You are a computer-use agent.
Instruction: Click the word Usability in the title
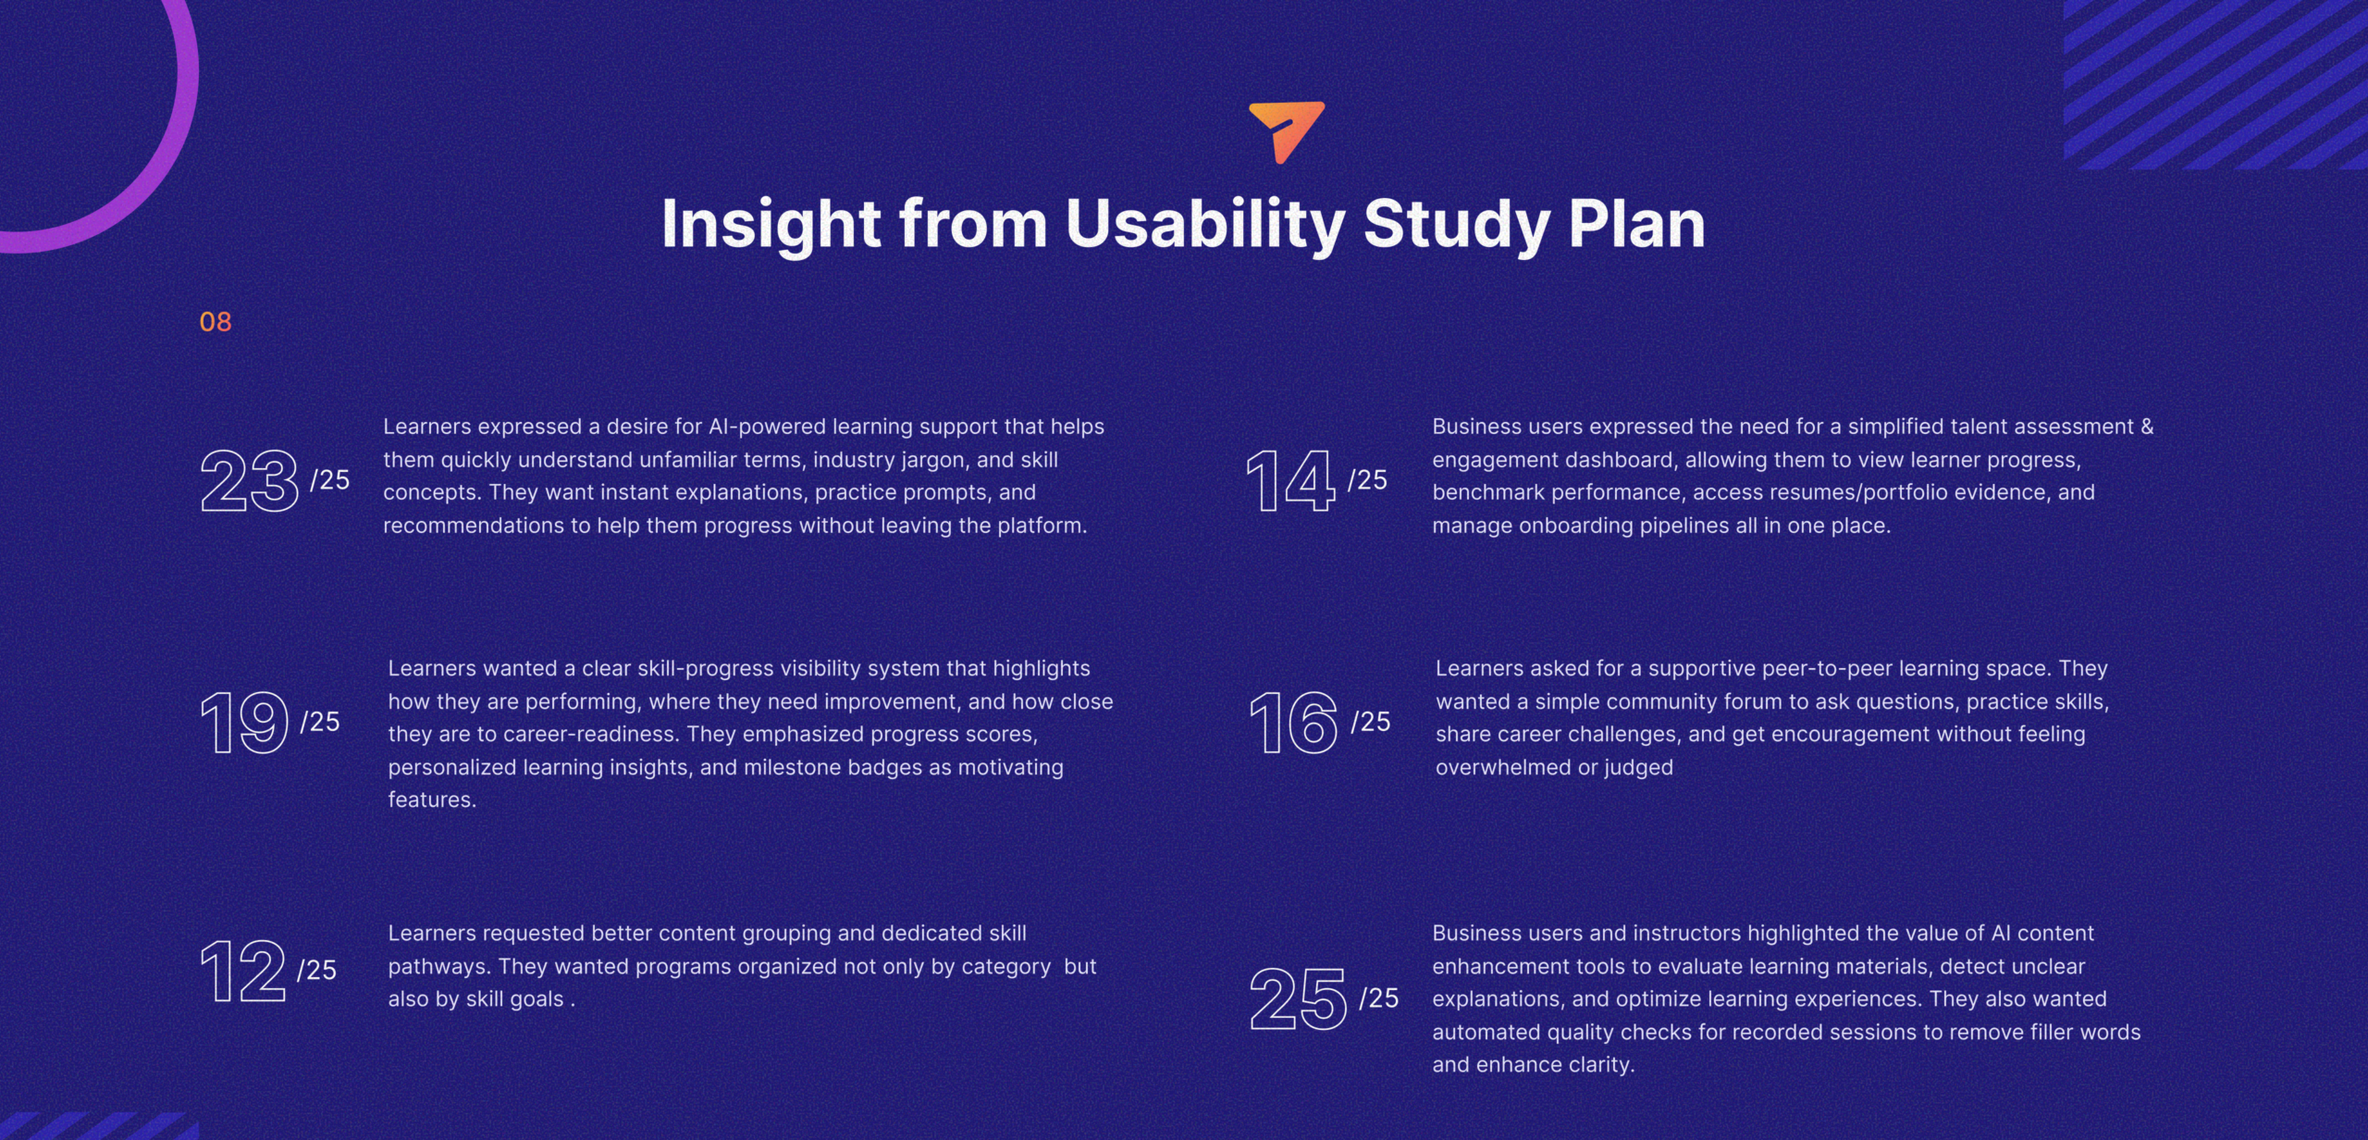coord(1204,224)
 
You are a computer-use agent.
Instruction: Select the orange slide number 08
coord(216,322)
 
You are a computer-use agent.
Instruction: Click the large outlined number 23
coord(250,480)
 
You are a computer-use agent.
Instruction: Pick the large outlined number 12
coord(243,971)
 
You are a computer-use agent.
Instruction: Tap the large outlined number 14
coord(1291,480)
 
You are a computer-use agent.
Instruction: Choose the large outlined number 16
coord(1294,723)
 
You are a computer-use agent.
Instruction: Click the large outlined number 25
coord(1299,998)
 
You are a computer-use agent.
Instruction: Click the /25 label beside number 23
coord(330,479)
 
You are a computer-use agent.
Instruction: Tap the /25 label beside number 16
coord(1371,721)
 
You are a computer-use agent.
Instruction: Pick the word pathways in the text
coord(439,967)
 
